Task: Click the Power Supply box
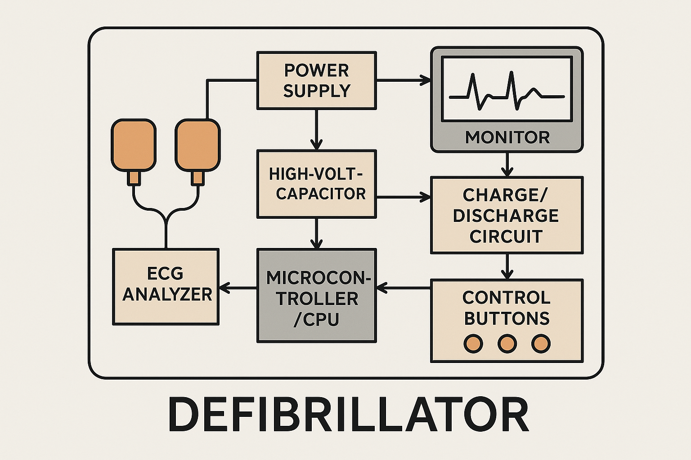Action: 317,80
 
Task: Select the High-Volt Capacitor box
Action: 317,184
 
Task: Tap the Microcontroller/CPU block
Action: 317,296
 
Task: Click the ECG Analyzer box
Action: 166,287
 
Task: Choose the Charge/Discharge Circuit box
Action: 507,215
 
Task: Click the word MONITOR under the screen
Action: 507,137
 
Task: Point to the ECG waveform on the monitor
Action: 507,91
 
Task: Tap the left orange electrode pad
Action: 134,145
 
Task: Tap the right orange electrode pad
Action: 197,145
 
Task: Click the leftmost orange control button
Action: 473,343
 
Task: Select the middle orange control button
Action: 507,343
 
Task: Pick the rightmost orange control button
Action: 541,343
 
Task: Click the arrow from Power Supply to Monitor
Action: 404,80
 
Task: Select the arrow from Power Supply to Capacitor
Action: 317,129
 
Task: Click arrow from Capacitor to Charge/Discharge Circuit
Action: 404,197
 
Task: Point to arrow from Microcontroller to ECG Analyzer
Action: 238,288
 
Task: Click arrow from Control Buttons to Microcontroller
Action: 404,288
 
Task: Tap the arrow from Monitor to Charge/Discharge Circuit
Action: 507,164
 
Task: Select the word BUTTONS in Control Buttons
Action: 507,318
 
